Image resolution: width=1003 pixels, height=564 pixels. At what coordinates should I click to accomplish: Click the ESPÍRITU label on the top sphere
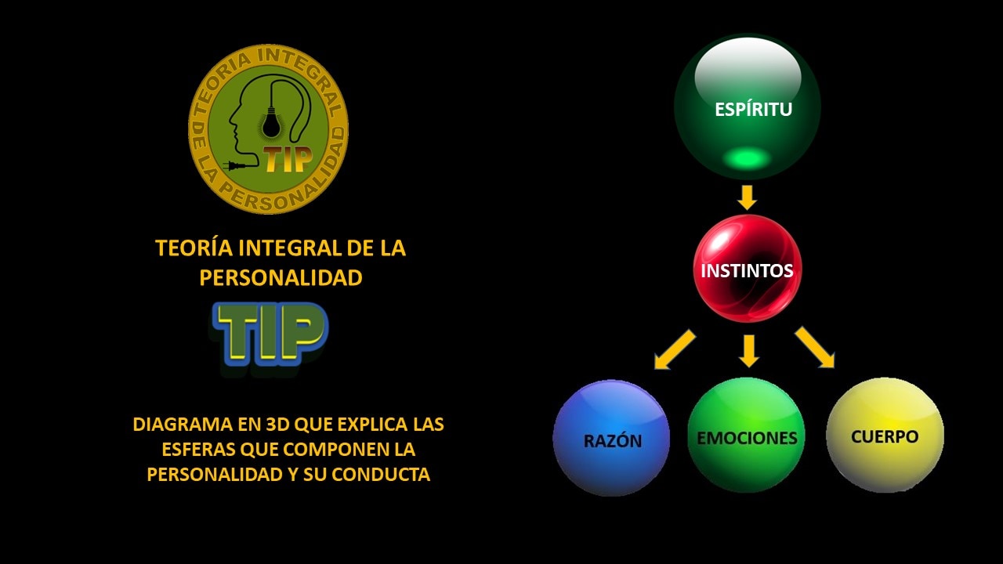753,110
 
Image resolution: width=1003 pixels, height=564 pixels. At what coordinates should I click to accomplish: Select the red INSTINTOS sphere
747,270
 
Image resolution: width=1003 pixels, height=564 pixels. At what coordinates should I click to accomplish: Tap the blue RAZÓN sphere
611,439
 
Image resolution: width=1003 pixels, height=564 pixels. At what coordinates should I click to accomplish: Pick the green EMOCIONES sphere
746,436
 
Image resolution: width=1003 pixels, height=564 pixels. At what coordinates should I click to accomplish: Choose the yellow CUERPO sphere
885,436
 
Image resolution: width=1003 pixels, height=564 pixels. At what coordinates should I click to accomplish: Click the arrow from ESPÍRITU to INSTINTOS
748,197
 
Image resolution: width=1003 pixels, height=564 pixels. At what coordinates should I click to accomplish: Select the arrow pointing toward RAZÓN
675,349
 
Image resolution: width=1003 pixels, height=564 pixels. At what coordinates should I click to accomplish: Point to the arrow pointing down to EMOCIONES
749,351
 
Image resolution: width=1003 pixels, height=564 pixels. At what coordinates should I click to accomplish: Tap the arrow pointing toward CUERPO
815,347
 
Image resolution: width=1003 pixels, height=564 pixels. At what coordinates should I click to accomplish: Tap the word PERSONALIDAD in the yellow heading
281,278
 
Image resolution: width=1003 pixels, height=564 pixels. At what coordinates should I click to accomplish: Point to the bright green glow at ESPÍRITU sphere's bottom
746,158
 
